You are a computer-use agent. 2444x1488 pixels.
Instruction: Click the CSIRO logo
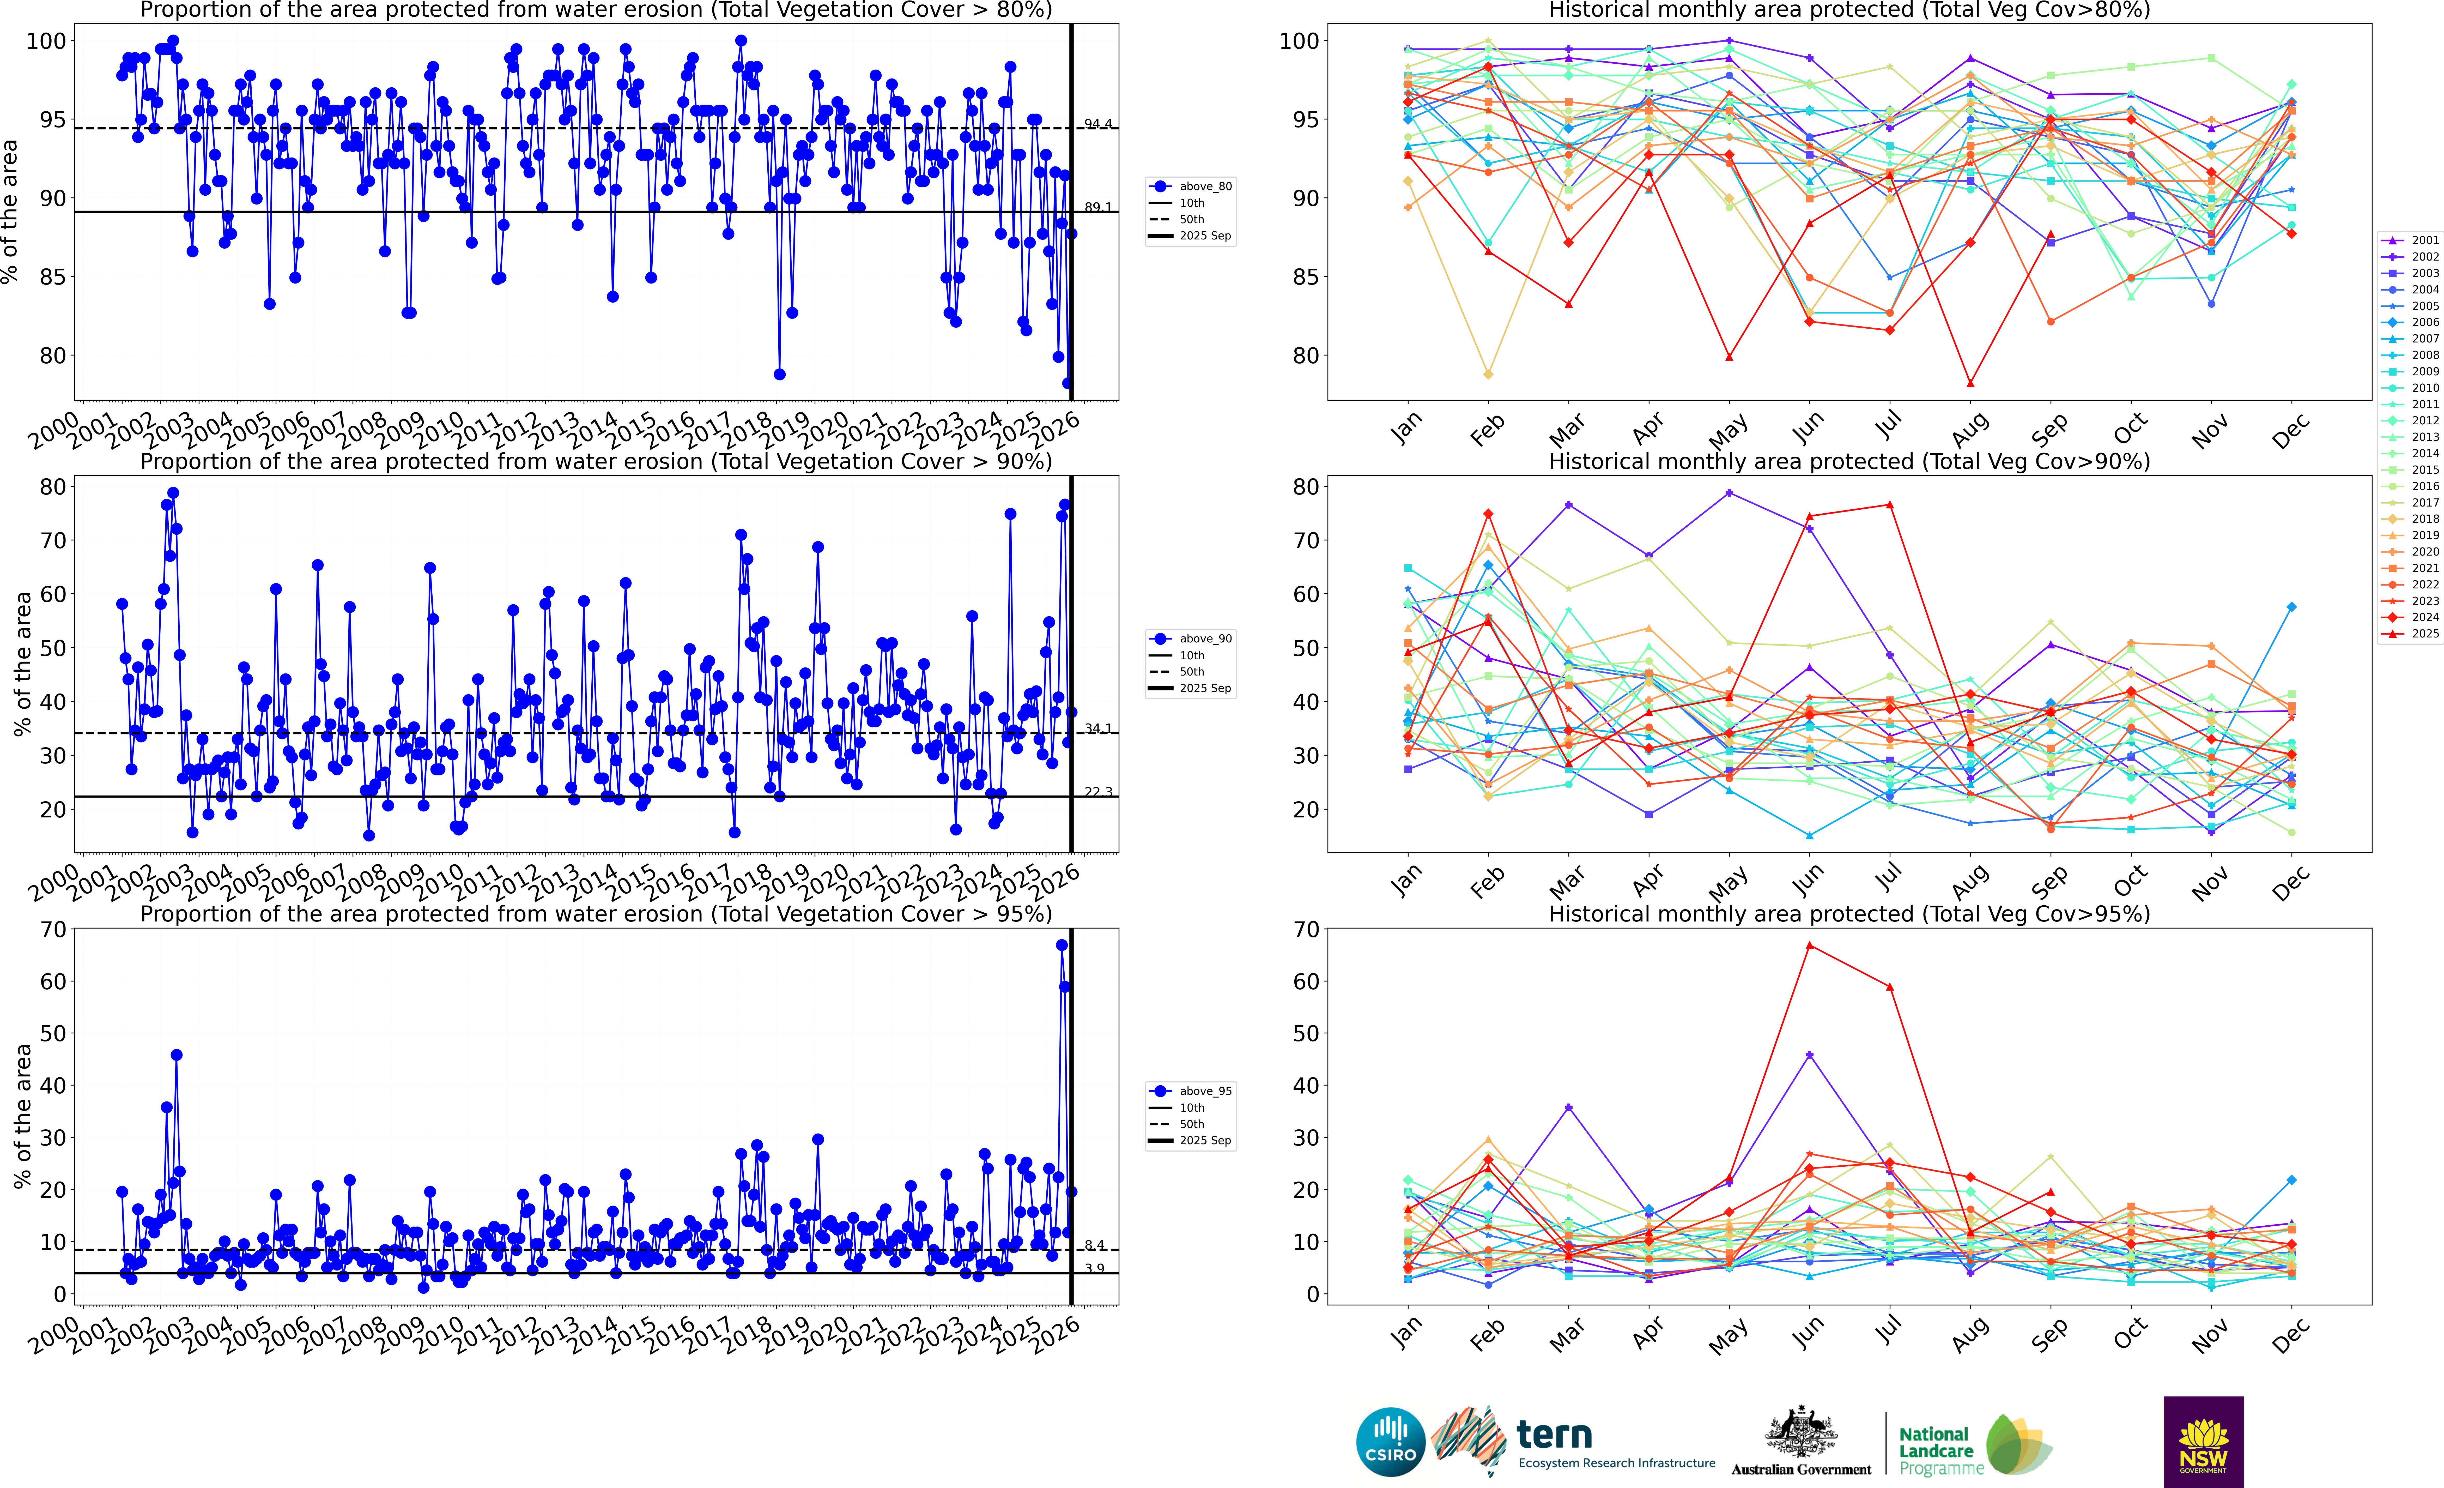pyautogui.click(x=1391, y=1441)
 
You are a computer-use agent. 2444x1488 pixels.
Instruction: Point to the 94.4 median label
pyautogui.click(x=1098, y=124)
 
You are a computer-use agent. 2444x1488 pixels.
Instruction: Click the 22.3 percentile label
pyautogui.click(x=1098, y=792)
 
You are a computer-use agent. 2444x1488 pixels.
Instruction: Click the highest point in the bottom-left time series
pyautogui.click(x=1061, y=945)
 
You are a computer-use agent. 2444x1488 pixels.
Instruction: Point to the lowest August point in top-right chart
pyautogui.click(x=1970, y=383)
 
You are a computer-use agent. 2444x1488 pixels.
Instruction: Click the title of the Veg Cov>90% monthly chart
pyautogui.click(x=1849, y=461)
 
